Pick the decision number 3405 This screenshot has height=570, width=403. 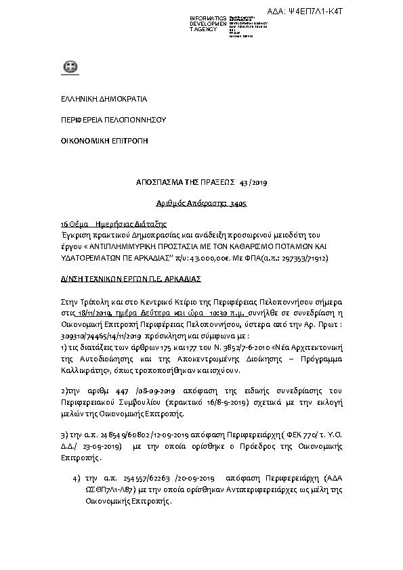click(x=237, y=202)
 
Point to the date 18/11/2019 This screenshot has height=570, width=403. click(x=94, y=314)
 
